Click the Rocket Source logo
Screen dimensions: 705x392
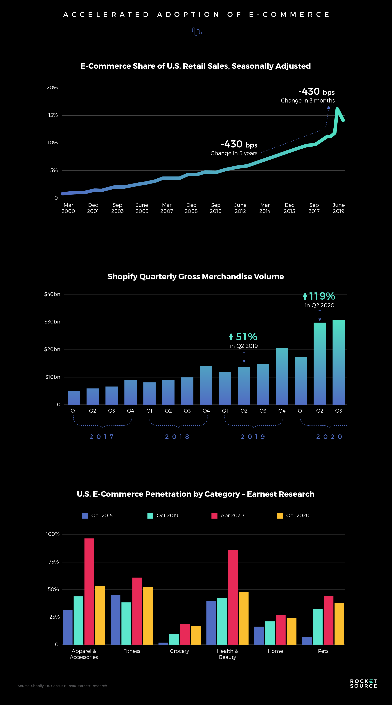coord(363,683)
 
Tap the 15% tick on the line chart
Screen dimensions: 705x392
coord(53,115)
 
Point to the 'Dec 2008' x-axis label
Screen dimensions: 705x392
coord(191,208)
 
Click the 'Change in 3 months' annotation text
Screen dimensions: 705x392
coord(308,100)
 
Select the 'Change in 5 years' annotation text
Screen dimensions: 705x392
coord(234,153)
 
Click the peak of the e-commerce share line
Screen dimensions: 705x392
coord(337,109)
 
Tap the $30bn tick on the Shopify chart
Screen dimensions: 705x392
coord(52,322)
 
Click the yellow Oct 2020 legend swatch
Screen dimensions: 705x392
coord(280,516)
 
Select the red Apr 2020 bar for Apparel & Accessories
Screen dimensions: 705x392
coord(89,591)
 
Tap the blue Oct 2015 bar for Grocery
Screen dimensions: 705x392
coord(163,644)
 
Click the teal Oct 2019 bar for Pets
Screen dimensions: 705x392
coord(318,627)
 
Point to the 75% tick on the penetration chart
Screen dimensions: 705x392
coord(53,562)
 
